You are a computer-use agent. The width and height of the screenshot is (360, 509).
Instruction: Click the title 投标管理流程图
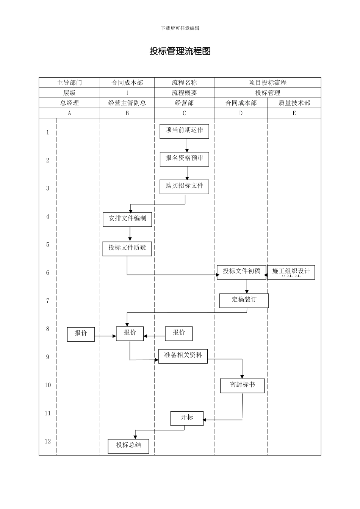(180, 51)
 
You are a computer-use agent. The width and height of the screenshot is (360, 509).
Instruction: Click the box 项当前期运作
(184, 131)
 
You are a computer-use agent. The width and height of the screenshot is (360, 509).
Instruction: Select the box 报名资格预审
(184, 158)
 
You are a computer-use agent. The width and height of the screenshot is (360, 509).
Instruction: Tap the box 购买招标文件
(184, 186)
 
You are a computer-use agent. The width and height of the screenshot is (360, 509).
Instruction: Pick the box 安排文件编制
(127, 219)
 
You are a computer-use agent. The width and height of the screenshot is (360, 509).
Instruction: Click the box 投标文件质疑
(127, 248)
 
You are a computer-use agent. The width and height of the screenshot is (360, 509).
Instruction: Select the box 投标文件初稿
(241, 272)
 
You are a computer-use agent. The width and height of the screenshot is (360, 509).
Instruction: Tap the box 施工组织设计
(291, 272)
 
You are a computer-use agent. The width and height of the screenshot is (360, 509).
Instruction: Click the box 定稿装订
(244, 300)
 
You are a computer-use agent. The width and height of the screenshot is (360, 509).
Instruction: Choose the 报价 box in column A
(81, 334)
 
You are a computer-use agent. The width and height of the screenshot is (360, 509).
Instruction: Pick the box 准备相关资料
(183, 356)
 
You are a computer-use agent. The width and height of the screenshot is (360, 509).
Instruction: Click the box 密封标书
(242, 386)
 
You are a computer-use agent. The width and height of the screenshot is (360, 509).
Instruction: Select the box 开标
(187, 418)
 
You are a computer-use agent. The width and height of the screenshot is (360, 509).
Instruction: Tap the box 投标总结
(128, 446)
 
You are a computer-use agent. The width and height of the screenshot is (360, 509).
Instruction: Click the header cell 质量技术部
(294, 103)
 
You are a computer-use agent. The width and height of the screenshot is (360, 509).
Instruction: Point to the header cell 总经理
(69, 103)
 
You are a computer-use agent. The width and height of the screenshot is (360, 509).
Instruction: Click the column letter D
(241, 113)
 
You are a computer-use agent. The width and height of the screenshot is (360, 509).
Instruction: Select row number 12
(48, 441)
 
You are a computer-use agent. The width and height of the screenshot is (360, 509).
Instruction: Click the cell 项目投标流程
(268, 83)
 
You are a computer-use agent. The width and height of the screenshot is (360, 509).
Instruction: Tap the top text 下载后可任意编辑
(180, 28)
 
